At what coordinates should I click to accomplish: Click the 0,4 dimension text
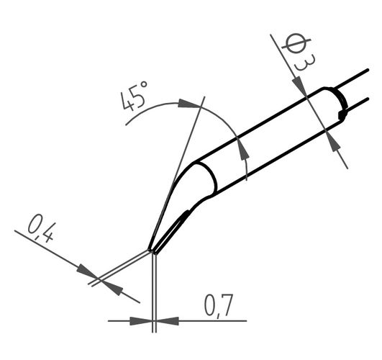[x=42, y=230]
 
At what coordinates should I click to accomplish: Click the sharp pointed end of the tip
[x=151, y=251]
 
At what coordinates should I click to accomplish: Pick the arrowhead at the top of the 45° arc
[x=188, y=104]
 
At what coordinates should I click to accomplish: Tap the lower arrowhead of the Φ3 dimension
[x=335, y=141]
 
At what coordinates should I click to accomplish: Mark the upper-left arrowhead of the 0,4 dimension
[x=88, y=272]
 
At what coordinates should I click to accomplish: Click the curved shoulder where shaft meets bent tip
[x=209, y=180]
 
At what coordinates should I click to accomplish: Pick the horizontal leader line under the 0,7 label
[x=212, y=320]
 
